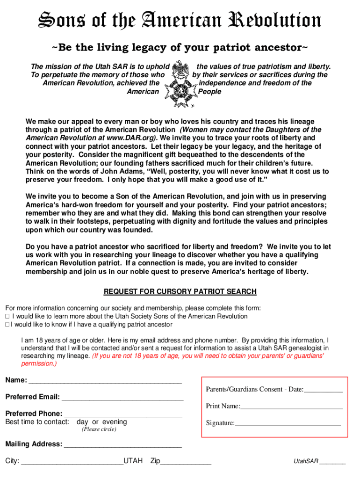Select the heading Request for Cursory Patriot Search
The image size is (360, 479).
pos(180,292)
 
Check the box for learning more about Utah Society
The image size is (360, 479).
pos(7,317)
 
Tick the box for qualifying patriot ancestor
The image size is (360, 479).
pos(7,325)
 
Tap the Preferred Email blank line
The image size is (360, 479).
pos(122,398)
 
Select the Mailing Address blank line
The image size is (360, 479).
pos(122,445)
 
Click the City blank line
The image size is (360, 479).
pos(72,462)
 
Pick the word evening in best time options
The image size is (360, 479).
pos(114,422)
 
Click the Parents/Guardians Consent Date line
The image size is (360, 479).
pos(323,390)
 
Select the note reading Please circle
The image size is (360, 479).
pos(99,429)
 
